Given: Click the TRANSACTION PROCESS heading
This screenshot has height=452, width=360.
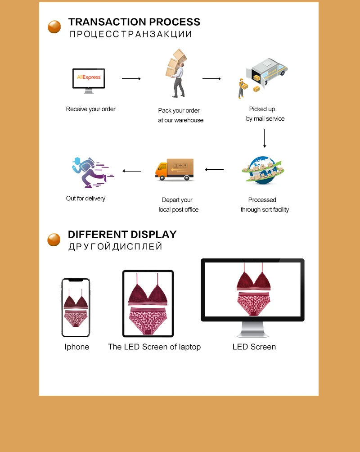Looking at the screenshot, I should (x=134, y=22).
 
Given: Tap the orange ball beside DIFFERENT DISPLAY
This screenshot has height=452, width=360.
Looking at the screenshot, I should (x=54, y=240).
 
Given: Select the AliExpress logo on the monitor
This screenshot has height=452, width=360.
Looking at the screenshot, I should (x=89, y=77).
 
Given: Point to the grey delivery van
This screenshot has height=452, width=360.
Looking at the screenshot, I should (x=268, y=71).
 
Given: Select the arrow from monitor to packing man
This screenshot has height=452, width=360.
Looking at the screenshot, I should (x=131, y=79).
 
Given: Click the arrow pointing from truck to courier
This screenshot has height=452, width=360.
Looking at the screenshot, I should (x=132, y=171).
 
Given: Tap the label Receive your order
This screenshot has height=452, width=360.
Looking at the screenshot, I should (x=90, y=109).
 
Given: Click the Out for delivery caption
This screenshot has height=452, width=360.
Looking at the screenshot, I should (x=85, y=198).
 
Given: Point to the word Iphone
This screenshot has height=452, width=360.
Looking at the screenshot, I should (x=76, y=347).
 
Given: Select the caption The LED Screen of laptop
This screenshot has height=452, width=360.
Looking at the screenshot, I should (x=154, y=347).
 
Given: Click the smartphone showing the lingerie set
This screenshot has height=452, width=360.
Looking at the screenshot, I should (x=76, y=307).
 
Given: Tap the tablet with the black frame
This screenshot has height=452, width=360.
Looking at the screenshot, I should (x=148, y=303).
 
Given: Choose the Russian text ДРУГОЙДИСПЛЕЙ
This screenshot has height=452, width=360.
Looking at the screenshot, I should (x=115, y=247).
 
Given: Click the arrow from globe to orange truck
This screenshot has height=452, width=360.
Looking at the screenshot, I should (x=214, y=170).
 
